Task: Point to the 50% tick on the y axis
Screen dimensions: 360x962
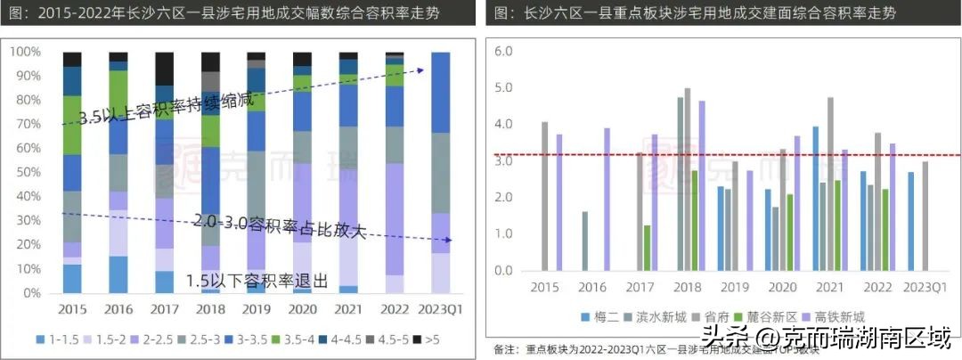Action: click(x=26, y=172)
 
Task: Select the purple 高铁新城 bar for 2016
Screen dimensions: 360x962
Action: click(x=607, y=200)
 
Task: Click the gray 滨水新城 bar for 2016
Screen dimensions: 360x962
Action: click(x=584, y=241)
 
